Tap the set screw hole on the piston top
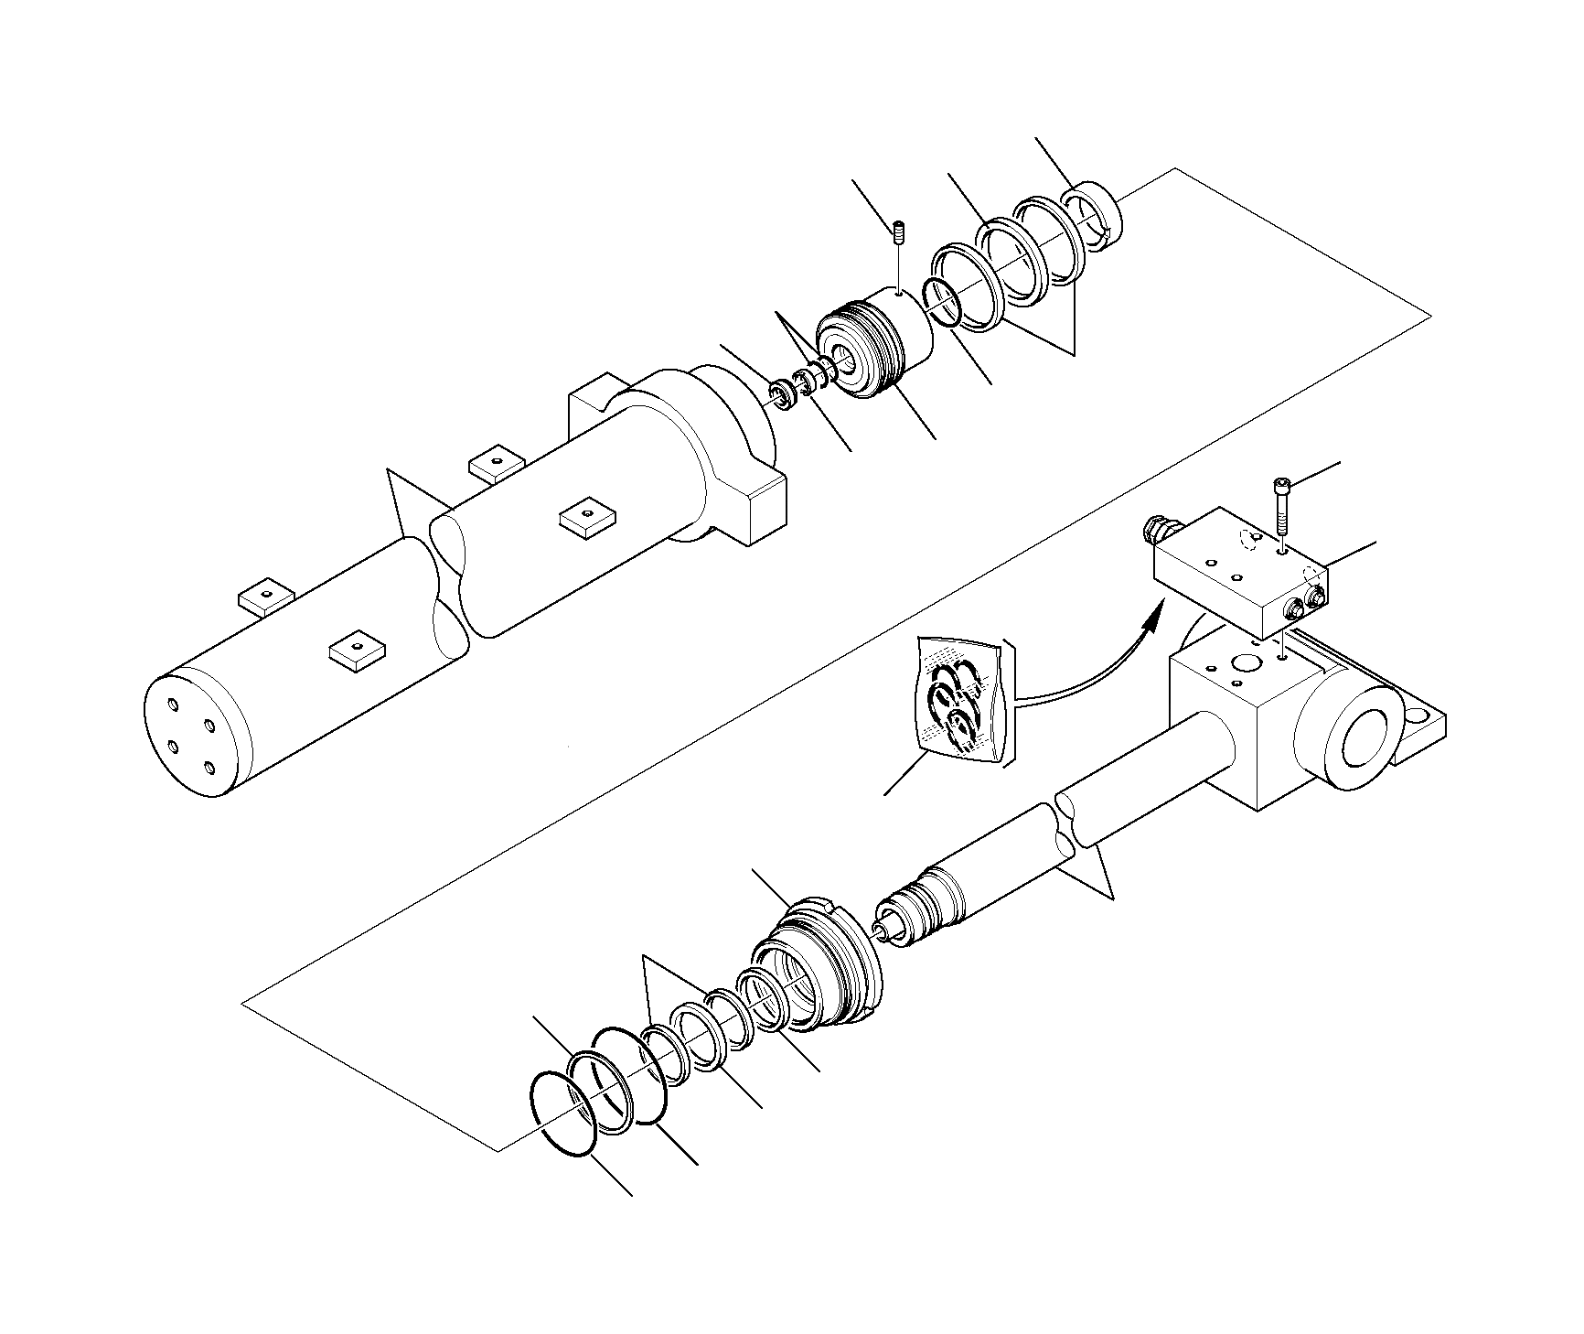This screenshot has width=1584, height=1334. pyautogui.click(x=900, y=293)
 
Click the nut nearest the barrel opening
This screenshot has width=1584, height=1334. pyautogui.click(x=781, y=393)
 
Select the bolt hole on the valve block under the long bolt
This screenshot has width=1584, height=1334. pyautogui.click(x=1285, y=552)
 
